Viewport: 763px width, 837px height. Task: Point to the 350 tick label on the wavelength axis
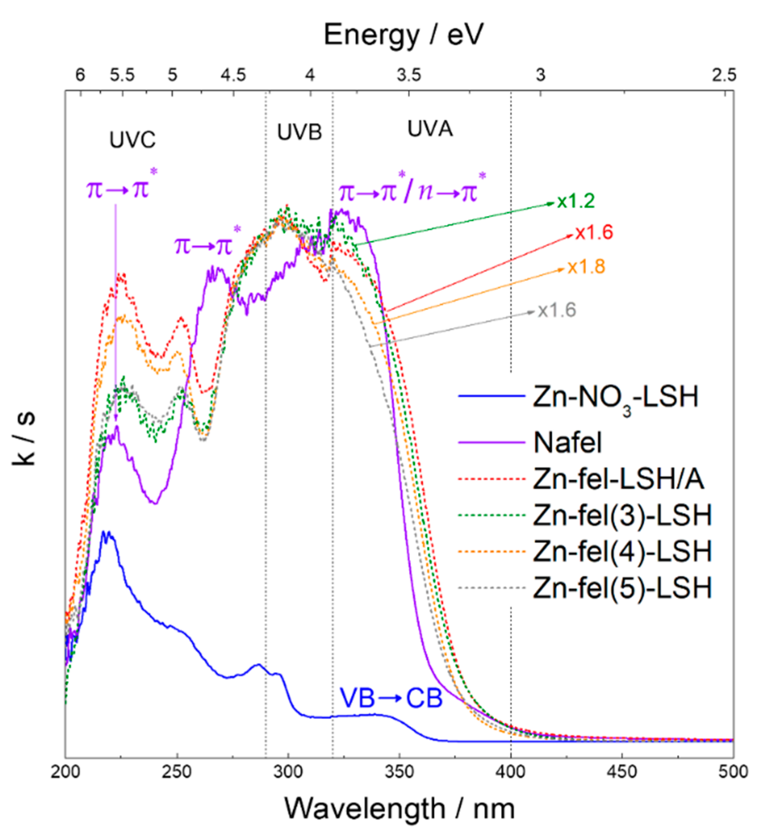coord(400,771)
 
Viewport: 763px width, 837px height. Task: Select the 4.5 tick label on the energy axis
coord(233,75)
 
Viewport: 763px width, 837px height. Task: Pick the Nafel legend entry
coord(567,443)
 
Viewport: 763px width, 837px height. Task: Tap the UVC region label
coord(132,140)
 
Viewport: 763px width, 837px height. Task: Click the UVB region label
coord(299,132)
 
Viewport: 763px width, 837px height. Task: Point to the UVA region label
coord(430,129)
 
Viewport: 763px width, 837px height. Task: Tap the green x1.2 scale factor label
coord(576,201)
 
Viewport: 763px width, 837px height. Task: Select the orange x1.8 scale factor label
coord(586,267)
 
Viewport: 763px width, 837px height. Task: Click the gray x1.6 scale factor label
coord(557,310)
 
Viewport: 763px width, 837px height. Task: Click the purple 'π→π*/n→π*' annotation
coord(412,192)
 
